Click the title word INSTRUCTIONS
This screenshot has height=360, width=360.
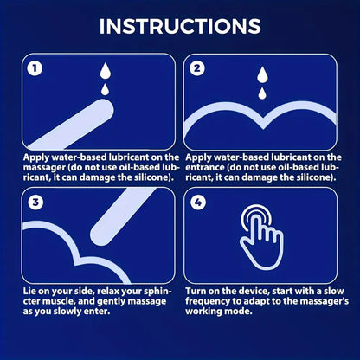tap(180, 25)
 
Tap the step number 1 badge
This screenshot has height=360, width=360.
tap(34, 67)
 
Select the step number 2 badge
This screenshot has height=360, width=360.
tap(198, 67)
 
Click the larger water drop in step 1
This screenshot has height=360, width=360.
tap(105, 72)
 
